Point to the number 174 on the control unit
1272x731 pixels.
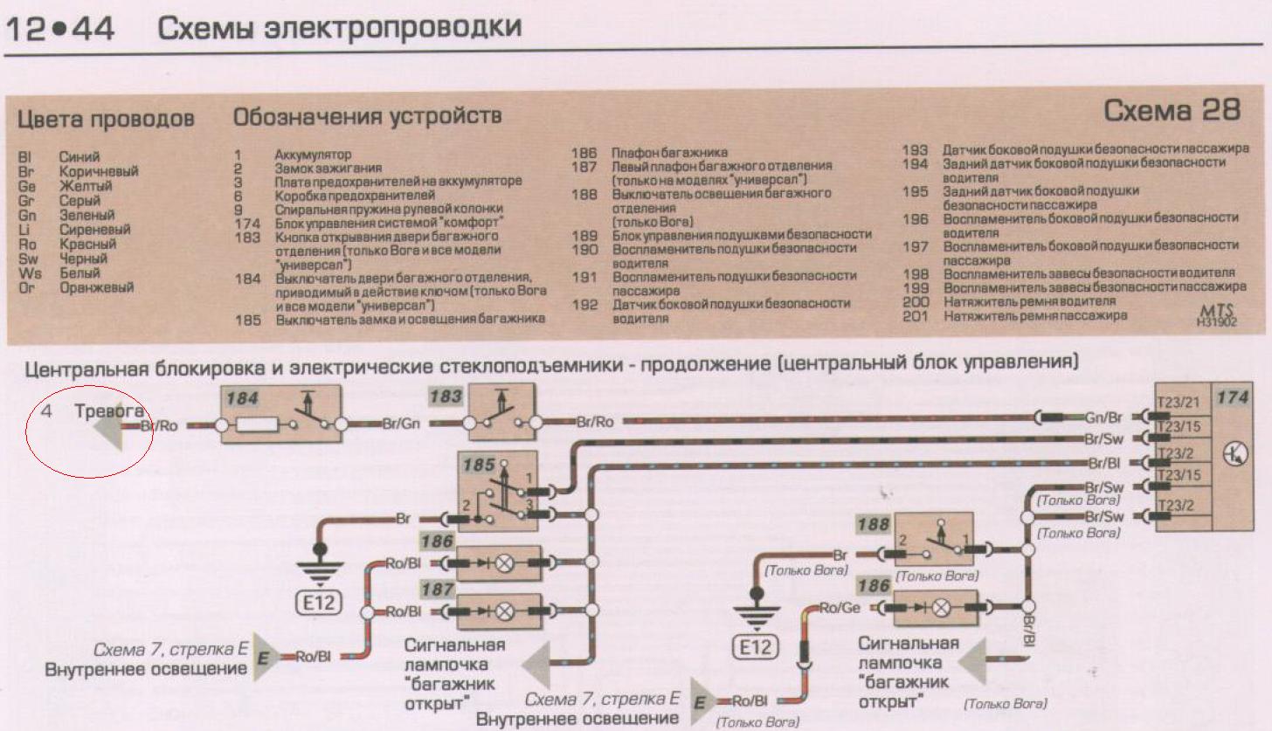pos(1232,398)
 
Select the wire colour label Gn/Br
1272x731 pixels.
pos(1102,417)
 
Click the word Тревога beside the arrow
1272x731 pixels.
pos(109,410)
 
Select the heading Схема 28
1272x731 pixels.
pos(1172,111)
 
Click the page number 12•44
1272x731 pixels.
pos(60,30)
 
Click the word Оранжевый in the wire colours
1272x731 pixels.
pos(96,287)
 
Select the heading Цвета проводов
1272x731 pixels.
pos(106,119)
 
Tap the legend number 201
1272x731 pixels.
pos(915,316)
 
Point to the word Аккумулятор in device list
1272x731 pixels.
pos(312,155)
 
